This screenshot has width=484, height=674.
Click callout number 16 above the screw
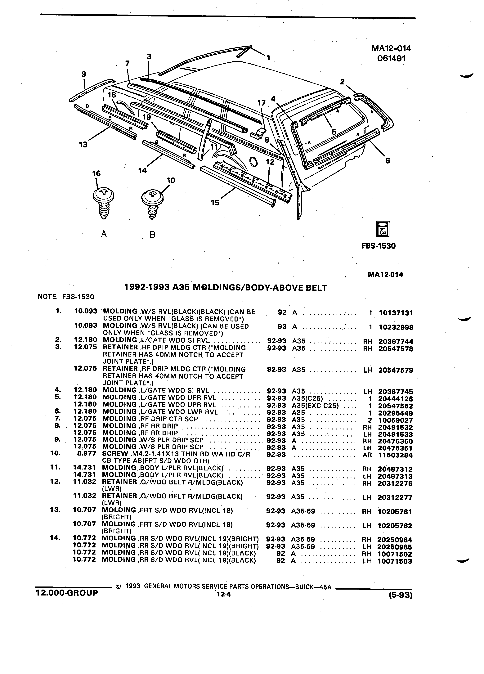96,173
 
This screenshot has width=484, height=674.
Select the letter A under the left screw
104,234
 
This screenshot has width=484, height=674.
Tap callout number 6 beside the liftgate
388,161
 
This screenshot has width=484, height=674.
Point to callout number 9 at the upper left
84,74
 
